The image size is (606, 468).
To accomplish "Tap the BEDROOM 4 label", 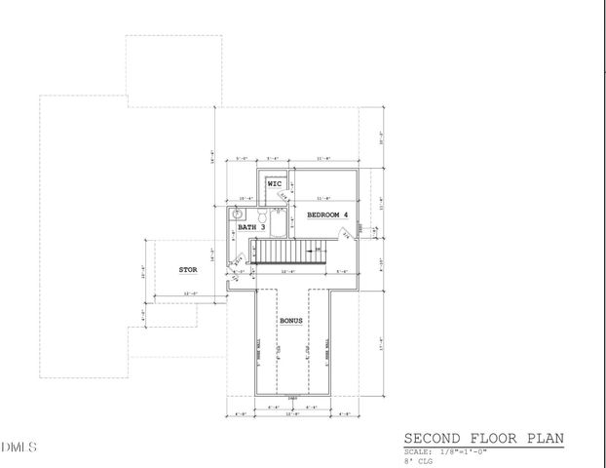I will (326, 214).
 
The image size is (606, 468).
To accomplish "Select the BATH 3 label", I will (252, 227).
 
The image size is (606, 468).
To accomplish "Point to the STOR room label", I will (187, 269).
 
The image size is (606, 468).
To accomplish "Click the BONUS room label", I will (291, 320).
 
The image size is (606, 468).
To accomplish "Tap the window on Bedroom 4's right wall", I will (360, 228).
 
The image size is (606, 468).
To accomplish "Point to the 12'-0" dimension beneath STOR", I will (191, 293).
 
